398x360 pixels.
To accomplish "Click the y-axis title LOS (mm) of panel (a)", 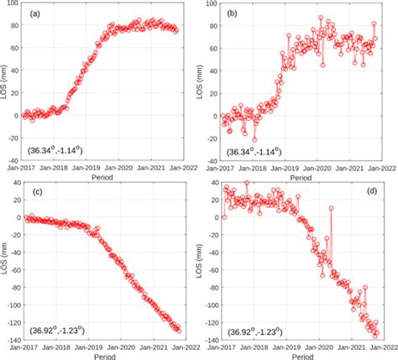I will (x=6, y=84).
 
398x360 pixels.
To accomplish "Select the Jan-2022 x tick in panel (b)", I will (x=382, y=170).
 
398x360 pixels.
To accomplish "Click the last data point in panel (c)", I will (x=178, y=331).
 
